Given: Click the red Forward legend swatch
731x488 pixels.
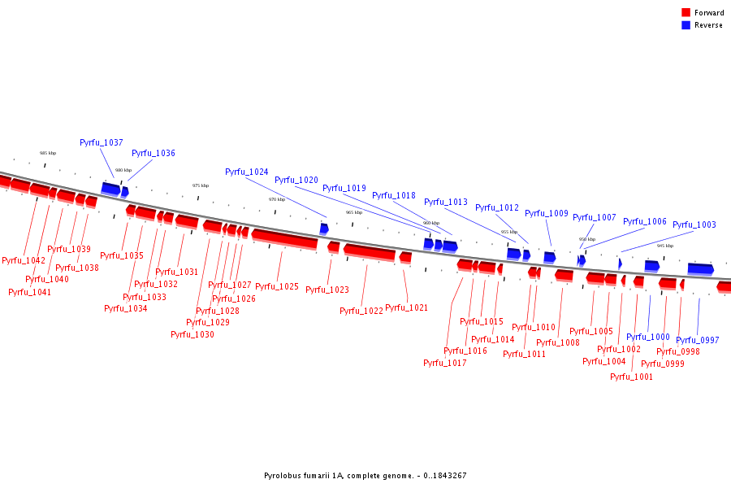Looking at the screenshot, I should [x=686, y=12].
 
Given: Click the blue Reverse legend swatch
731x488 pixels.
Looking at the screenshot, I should [x=686, y=25].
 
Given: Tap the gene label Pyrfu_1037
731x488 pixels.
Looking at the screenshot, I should [x=102, y=142].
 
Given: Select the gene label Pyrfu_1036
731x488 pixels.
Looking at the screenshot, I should [x=154, y=153].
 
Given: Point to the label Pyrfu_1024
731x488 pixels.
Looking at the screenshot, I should [x=247, y=172].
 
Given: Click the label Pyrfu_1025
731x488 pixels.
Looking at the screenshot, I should [x=277, y=286].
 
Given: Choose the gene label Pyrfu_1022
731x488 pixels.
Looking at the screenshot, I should [x=361, y=311].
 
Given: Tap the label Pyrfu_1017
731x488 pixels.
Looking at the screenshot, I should [x=445, y=363].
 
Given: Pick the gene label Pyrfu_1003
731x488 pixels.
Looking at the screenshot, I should [x=694, y=224].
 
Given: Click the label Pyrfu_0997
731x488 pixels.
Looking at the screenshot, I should [x=698, y=340].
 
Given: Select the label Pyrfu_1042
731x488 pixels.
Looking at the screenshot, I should [x=24, y=260].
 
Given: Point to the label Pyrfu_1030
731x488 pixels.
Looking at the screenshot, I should [x=192, y=334].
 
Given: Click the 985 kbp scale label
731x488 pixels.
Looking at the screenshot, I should [x=48, y=153].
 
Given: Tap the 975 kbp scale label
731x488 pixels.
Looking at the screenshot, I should [x=201, y=185].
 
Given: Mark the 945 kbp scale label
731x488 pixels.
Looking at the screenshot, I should [x=665, y=246].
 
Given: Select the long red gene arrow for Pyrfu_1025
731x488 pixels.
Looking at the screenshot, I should [x=284, y=238].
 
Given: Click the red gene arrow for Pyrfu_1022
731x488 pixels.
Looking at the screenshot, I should [x=369, y=252].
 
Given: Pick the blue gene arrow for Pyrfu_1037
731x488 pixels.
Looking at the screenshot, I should [x=110, y=189].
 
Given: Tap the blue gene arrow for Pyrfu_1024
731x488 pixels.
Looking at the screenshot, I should [x=324, y=229].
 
